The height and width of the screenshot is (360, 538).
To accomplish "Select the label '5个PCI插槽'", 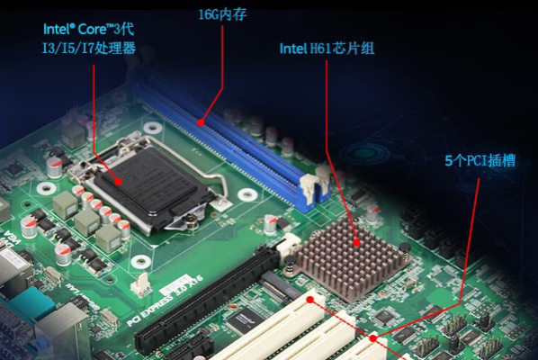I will [480, 162].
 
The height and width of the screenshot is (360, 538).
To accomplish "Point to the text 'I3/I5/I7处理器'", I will [89, 48].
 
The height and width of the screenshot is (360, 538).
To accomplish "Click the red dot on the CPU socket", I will [118, 180].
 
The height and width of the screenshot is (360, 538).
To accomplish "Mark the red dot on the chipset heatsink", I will [358, 241].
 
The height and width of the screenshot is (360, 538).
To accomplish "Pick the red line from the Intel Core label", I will [95, 108].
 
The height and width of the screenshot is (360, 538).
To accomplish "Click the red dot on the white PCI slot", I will [310, 299].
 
